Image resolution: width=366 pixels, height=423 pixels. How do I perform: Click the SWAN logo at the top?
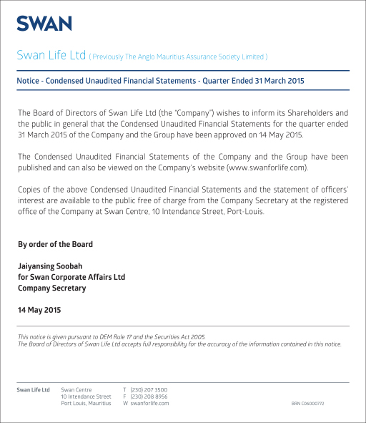click(44, 24)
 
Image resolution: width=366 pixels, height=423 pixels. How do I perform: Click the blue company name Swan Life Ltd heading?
click(51, 55)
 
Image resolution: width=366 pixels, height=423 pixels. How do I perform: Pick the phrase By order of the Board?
click(55, 244)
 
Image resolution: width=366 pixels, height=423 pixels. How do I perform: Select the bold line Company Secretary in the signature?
click(51, 288)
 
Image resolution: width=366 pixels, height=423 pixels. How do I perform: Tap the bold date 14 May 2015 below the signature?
click(39, 311)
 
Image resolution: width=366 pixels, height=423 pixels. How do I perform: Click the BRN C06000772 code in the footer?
click(307, 404)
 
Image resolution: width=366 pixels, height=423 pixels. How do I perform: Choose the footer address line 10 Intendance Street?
click(86, 397)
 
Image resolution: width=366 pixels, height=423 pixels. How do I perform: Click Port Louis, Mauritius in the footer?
click(86, 404)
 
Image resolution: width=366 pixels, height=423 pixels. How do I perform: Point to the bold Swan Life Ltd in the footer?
click(34, 389)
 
